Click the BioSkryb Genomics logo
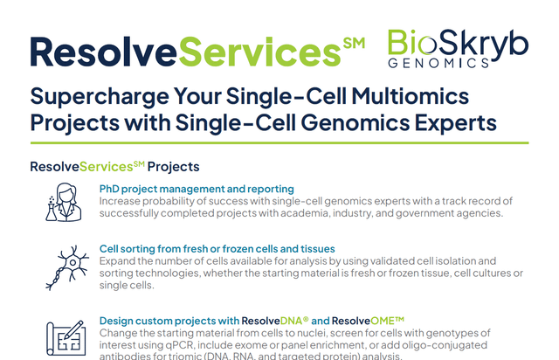[x=458, y=49]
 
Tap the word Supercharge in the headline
[x=100, y=97]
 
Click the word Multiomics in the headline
[x=410, y=96]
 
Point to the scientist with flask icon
[x=64, y=203]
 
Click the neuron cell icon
[x=67, y=267]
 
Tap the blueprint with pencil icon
[x=66, y=338]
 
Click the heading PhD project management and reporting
[x=197, y=189]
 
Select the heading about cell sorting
[x=217, y=249]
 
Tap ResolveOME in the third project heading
[x=368, y=321]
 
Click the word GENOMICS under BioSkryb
[x=438, y=64]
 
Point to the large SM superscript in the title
[x=354, y=43]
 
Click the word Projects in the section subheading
[x=174, y=167]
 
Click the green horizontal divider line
[x=279, y=143]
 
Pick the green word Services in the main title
[x=259, y=52]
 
